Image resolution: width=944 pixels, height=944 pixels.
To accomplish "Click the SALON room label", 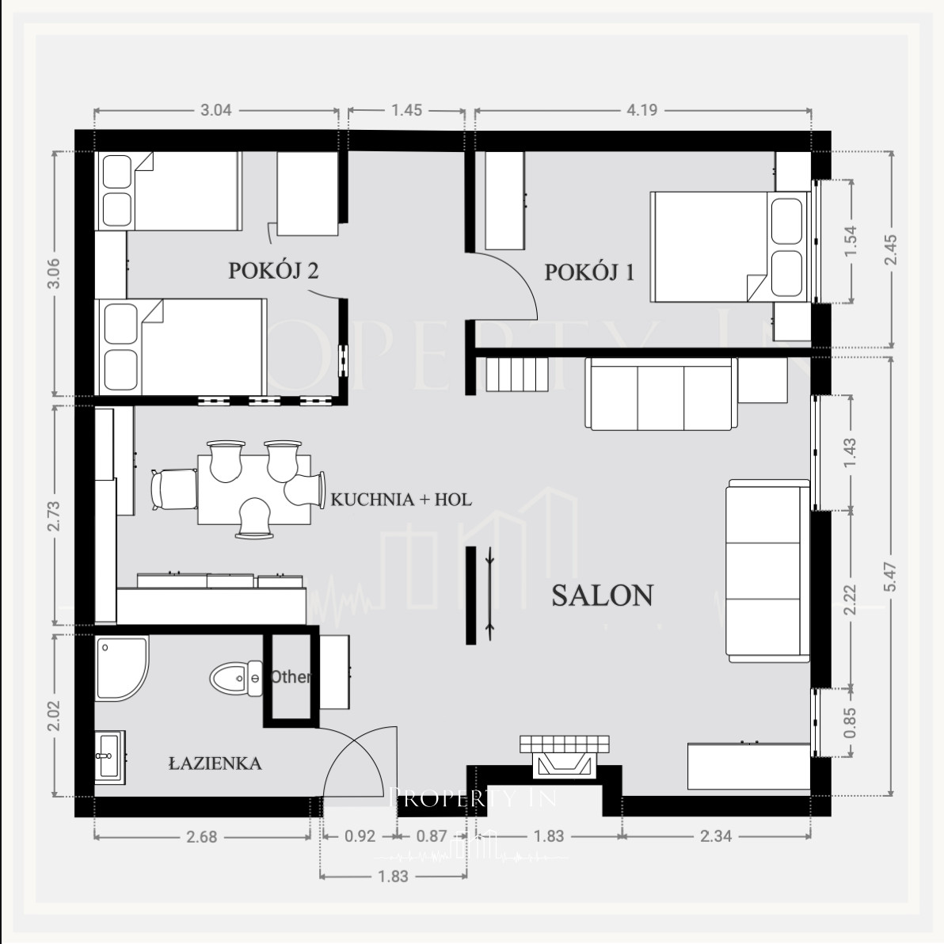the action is (x=603, y=596).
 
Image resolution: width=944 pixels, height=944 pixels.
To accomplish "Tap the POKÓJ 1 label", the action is (x=589, y=272).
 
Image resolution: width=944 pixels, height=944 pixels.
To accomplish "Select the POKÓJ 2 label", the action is (x=273, y=270).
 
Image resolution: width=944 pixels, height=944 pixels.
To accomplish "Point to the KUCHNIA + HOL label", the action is (x=401, y=499).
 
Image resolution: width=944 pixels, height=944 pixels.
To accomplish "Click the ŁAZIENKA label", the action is (x=215, y=763).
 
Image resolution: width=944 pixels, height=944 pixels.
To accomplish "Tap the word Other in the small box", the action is (x=291, y=676).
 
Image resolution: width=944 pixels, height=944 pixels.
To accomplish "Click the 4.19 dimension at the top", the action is (x=641, y=110).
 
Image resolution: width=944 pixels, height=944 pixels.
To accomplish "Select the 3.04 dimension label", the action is (x=215, y=110).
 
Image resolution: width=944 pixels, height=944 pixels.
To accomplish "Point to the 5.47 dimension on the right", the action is (x=891, y=577).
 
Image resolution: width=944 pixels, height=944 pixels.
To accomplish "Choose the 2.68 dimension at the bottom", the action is (x=201, y=837).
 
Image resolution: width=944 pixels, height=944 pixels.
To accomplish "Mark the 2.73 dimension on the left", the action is (x=54, y=516).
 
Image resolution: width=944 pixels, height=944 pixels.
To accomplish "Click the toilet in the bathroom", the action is (x=237, y=679).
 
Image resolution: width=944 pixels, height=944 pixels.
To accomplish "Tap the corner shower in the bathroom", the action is (x=122, y=669).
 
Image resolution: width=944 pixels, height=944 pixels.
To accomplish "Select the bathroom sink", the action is (x=110, y=757).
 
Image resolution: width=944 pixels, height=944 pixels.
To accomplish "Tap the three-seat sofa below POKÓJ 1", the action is (x=661, y=394).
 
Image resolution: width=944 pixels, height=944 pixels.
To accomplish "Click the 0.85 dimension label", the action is (x=850, y=722).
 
